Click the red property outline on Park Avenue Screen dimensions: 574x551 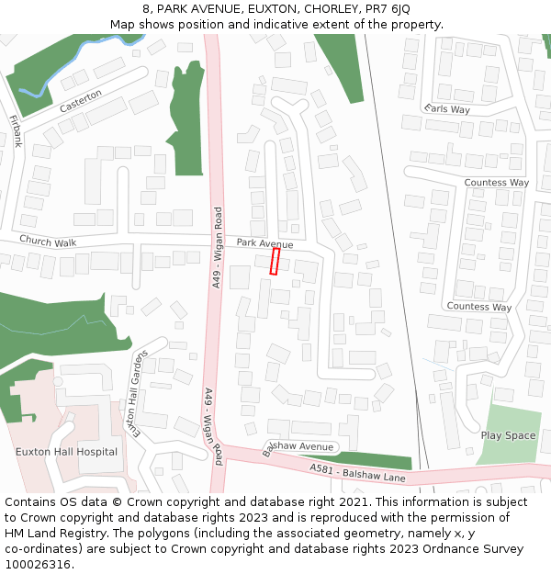point(275,261)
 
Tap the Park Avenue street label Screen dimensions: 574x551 point(264,243)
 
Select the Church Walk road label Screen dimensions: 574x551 point(48,242)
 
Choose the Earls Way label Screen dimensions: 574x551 point(447,109)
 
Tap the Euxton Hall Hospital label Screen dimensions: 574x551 point(66,452)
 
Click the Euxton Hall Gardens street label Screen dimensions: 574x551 point(135,394)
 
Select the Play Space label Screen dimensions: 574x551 point(508,435)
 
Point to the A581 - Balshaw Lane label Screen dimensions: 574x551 point(357,473)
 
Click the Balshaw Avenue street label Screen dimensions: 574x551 point(298,447)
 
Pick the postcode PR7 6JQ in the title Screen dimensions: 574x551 point(388,9)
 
